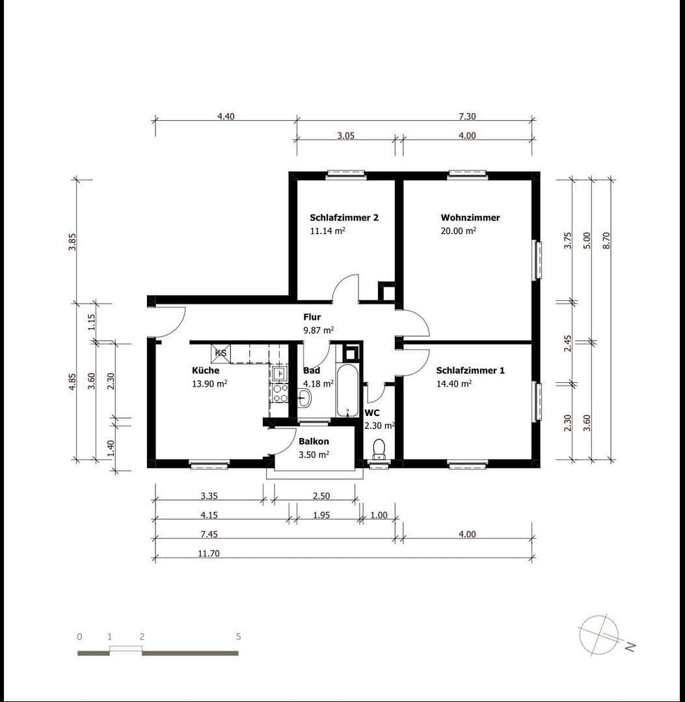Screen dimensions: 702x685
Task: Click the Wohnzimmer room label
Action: coord(470,218)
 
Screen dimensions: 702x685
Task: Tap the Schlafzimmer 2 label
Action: coord(344,218)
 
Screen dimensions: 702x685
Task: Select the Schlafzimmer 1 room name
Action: coord(470,370)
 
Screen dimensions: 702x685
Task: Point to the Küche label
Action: coord(205,370)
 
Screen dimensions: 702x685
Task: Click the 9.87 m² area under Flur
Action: coord(318,330)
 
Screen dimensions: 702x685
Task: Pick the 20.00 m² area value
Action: coord(458,231)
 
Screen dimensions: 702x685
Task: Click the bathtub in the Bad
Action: coord(347,390)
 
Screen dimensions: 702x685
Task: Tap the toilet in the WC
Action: coord(379,448)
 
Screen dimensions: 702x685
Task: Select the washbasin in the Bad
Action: coord(304,398)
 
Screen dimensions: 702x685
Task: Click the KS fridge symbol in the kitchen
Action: coord(221,353)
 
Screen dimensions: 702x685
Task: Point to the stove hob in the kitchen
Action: coord(280,393)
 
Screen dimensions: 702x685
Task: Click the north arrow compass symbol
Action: coord(598,634)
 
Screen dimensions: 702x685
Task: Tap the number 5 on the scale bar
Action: coord(238,636)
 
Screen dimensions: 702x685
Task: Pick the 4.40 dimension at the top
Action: coord(226,116)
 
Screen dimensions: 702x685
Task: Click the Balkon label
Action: coord(314,442)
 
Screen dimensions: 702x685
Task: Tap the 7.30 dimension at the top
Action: coord(467,116)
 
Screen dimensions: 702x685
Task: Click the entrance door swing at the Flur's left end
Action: coord(170,322)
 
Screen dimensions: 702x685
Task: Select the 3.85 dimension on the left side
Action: coord(73,241)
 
